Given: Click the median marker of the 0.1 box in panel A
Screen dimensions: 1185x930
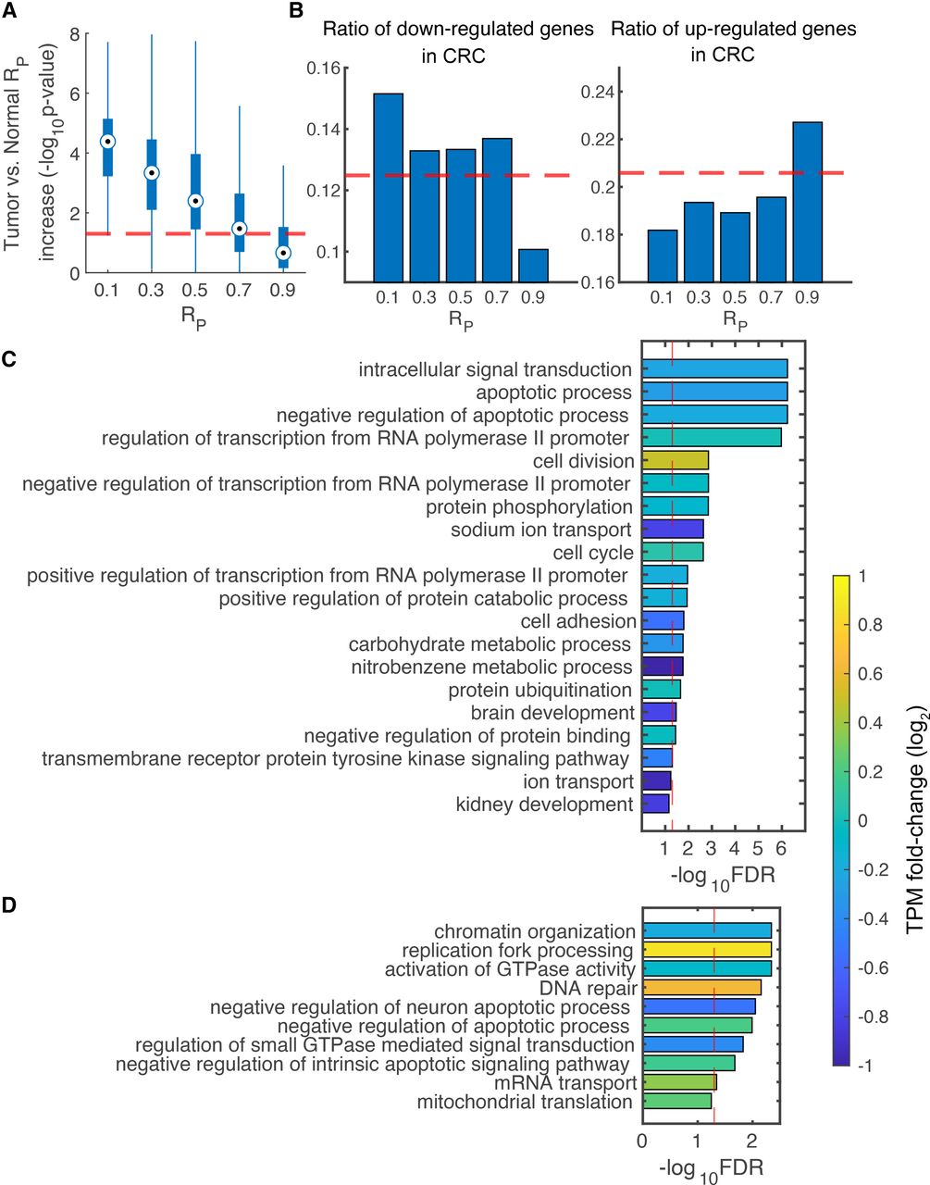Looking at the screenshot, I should [107, 142].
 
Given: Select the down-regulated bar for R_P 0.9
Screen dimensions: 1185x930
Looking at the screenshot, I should [533, 266].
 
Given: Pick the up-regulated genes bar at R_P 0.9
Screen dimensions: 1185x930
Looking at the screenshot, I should [807, 202].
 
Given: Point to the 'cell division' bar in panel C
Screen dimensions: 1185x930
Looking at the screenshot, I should [676, 461].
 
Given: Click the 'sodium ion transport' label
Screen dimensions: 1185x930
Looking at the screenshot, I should [541, 530].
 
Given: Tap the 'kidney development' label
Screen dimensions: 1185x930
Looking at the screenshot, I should [545, 805].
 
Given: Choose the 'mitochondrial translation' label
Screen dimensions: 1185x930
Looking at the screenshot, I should [525, 1102].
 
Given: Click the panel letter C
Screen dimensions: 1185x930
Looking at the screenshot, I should [9, 358].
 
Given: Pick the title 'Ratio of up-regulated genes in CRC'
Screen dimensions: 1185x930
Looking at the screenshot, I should [733, 42].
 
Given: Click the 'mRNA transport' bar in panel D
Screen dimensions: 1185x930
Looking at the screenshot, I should [679, 1082].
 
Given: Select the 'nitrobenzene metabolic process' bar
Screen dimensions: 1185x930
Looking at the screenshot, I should [663, 667].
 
